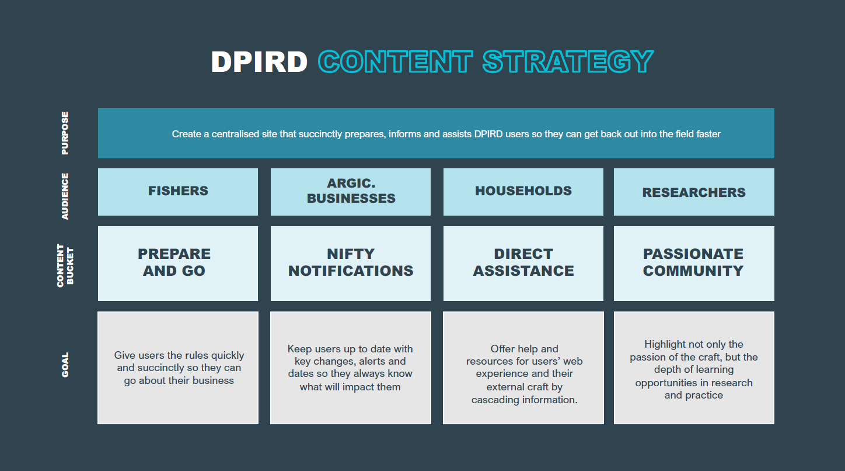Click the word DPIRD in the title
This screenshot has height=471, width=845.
(x=259, y=61)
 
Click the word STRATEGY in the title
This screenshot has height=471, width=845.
(x=568, y=61)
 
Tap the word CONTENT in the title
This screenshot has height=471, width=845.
(x=395, y=61)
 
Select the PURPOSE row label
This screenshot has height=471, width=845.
(x=65, y=133)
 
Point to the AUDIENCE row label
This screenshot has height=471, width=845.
(x=65, y=196)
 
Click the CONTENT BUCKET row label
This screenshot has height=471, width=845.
(x=65, y=265)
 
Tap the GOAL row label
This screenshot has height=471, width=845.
(x=65, y=365)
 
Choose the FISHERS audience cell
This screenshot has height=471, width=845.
(x=178, y=192)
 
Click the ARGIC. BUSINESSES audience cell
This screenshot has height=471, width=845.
(x=351, y=192)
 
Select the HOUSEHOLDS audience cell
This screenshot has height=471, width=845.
(x=523, y=192)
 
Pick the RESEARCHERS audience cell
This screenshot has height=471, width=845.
(x=694, y=192)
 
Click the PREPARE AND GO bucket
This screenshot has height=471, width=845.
(x=178, y=264)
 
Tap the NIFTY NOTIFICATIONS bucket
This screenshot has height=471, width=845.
(x=351, y=264)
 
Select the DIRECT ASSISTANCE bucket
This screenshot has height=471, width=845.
(x=523, y=264)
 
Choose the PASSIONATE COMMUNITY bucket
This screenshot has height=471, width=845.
(x=694, y=264)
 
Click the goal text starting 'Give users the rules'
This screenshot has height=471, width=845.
(x=179, y=368)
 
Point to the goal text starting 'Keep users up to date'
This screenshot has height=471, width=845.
(x=350, y=368)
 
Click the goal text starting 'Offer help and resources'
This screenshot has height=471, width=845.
(x=525, y=374)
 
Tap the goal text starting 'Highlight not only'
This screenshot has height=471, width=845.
(x=694, y=369)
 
